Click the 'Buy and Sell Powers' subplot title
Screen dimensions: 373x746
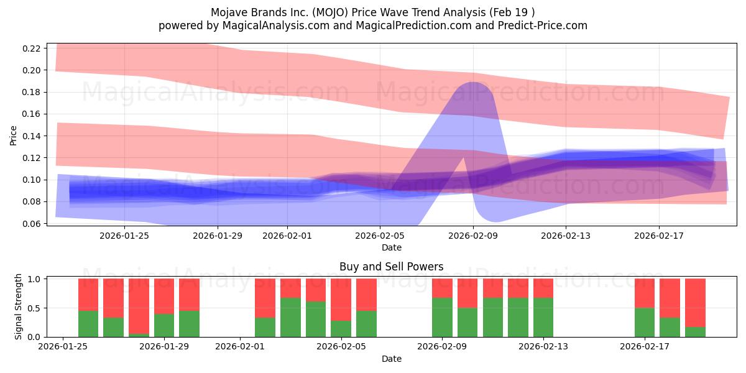click(391, 267)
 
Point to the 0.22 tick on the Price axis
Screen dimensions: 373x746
click(32, 48)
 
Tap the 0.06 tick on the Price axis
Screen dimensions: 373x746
click(32, 224)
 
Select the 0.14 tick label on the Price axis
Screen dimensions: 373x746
click(32, 136)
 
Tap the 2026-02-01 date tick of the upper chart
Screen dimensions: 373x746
click(287, 236)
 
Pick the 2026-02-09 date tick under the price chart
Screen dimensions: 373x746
click(473, 236)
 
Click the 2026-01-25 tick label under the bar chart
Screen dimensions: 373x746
click(63, 346)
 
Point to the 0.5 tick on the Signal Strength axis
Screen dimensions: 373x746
click(35, 308)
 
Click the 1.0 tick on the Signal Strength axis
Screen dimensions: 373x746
click(35, 279)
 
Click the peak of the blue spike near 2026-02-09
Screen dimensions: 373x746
click(473, 83)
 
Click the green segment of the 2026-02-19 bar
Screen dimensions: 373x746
click(695, 332)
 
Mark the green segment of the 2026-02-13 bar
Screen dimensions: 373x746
click(543, 317)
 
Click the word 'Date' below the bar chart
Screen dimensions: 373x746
click(391, 359)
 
